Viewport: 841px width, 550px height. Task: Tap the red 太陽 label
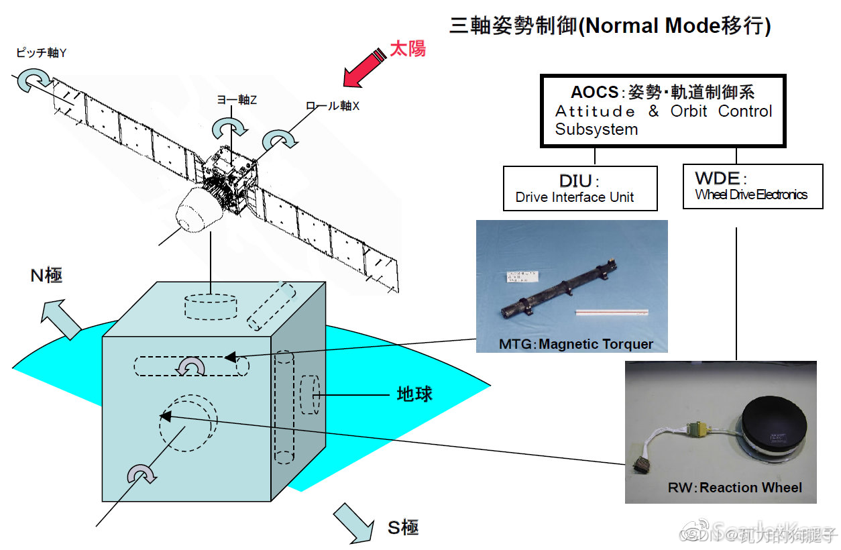408,49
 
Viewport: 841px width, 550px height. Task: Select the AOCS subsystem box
663,111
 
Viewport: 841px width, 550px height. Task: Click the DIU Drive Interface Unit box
580,188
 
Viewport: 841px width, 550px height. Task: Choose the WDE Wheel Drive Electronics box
752,187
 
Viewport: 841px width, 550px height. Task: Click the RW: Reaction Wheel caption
734,488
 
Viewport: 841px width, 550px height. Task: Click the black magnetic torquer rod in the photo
557,288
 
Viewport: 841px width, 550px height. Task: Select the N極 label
46,275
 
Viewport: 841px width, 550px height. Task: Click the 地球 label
414,394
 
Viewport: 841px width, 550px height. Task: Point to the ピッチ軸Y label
41,53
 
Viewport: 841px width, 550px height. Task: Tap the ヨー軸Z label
237,100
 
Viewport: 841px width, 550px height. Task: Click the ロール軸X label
333,106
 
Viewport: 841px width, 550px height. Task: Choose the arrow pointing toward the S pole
353,522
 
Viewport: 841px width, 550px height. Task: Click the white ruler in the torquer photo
611,311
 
